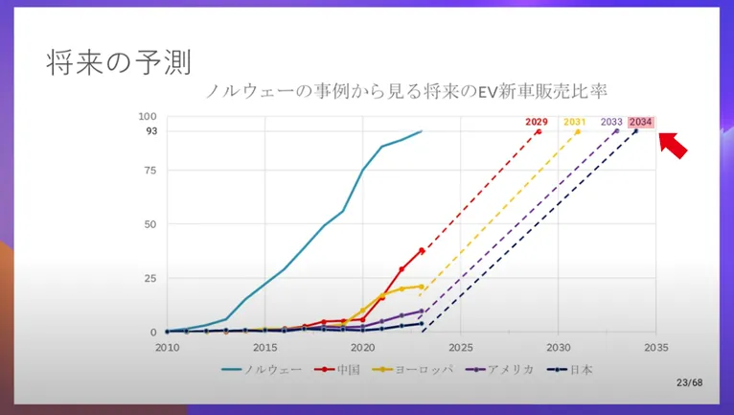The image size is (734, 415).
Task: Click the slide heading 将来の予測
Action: click(119, 62)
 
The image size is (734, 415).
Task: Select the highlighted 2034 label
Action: click(641, 122)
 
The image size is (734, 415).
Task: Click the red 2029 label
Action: click(537, 122)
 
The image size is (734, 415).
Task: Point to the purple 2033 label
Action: click(611, 122)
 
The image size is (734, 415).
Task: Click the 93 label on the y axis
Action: click(151, 130)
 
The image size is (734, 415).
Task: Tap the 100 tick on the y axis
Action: click(149, 116)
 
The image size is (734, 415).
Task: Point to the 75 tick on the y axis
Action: click(150, 171)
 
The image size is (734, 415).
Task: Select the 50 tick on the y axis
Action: click(150, 224)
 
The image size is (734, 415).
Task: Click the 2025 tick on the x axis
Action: click(461, 346)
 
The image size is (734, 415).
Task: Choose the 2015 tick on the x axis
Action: click(264, 346)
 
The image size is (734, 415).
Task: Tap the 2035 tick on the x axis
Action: click(656, 346)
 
